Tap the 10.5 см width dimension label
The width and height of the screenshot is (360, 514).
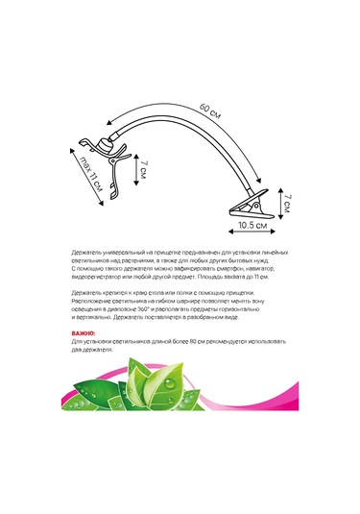coord(252,229)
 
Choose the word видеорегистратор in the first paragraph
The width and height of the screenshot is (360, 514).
coord(96,276)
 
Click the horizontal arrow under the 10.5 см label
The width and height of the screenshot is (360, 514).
coord(252,236)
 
